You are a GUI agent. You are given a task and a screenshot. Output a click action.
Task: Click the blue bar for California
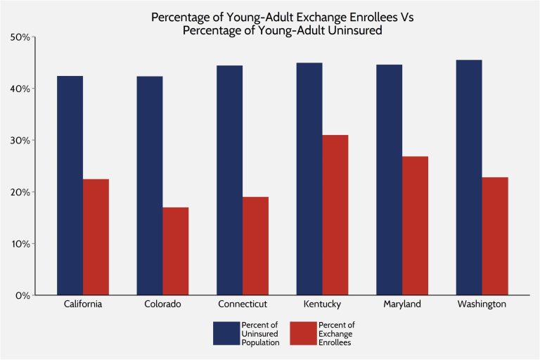tap(70, 186)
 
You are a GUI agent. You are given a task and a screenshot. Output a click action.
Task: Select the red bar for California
tap(96, 237)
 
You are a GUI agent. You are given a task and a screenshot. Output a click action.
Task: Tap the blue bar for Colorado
tap(149, 186)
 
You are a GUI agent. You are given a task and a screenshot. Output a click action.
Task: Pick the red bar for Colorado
tap(175, 251)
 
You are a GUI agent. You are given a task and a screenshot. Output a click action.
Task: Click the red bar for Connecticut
tap(255, 246)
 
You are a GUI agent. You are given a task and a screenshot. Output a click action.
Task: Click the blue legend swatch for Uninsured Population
tap(226, 333)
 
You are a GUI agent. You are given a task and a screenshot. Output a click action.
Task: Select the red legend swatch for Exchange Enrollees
tap(300, 333)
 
